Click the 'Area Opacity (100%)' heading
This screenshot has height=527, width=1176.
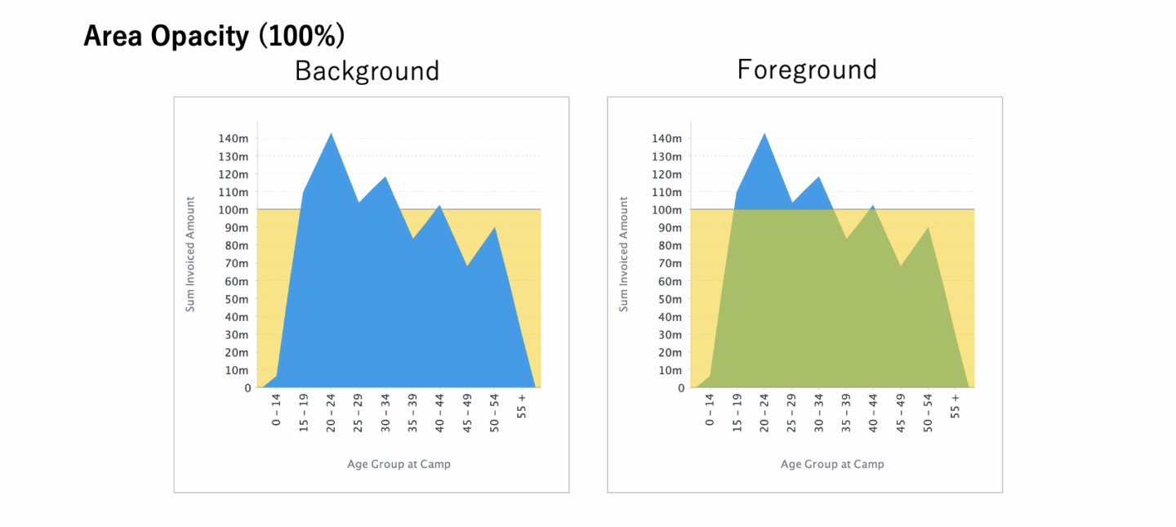point(214,37)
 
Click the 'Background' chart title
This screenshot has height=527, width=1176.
point(367,71)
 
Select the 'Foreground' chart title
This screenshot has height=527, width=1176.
point(807,69)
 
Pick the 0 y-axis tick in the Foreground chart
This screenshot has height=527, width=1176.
point(681,388)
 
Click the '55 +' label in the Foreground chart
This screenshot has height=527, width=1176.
point(955,406)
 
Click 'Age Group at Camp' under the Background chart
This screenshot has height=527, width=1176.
point(399,464)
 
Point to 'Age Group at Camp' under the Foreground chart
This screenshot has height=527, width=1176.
point(832,464)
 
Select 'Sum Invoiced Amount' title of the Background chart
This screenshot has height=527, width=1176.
point(190,253)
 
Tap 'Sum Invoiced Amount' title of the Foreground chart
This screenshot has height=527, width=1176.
point(624,253)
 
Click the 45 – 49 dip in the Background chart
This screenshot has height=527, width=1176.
point(467,266)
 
